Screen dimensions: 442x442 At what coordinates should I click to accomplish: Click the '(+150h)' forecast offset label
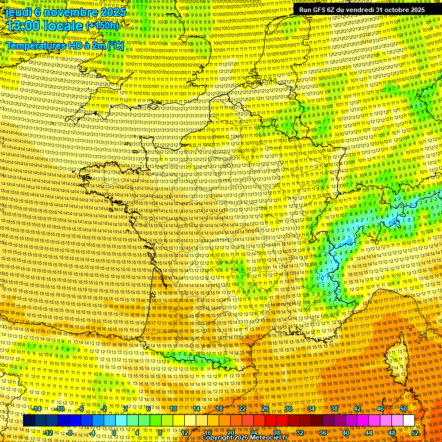[102, 26]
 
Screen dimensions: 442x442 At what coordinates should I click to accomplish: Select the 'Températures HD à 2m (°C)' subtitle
[64, 45]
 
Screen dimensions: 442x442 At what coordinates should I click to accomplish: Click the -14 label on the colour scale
[37, 409]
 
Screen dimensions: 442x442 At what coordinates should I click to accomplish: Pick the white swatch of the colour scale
[409, 421]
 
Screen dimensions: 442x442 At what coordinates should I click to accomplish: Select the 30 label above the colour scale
[288, 409]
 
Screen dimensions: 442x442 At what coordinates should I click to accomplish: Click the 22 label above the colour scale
[242, 409]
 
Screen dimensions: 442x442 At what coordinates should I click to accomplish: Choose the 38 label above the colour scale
[334, 409]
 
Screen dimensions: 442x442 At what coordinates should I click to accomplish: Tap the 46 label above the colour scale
[380, 409]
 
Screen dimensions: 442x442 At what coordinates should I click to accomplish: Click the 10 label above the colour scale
[173, 409]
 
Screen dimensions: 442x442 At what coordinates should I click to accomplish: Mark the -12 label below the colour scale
[48, 432]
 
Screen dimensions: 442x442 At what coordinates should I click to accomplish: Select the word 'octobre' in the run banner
[394, 10]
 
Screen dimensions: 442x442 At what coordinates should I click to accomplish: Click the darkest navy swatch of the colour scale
[29, 421]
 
